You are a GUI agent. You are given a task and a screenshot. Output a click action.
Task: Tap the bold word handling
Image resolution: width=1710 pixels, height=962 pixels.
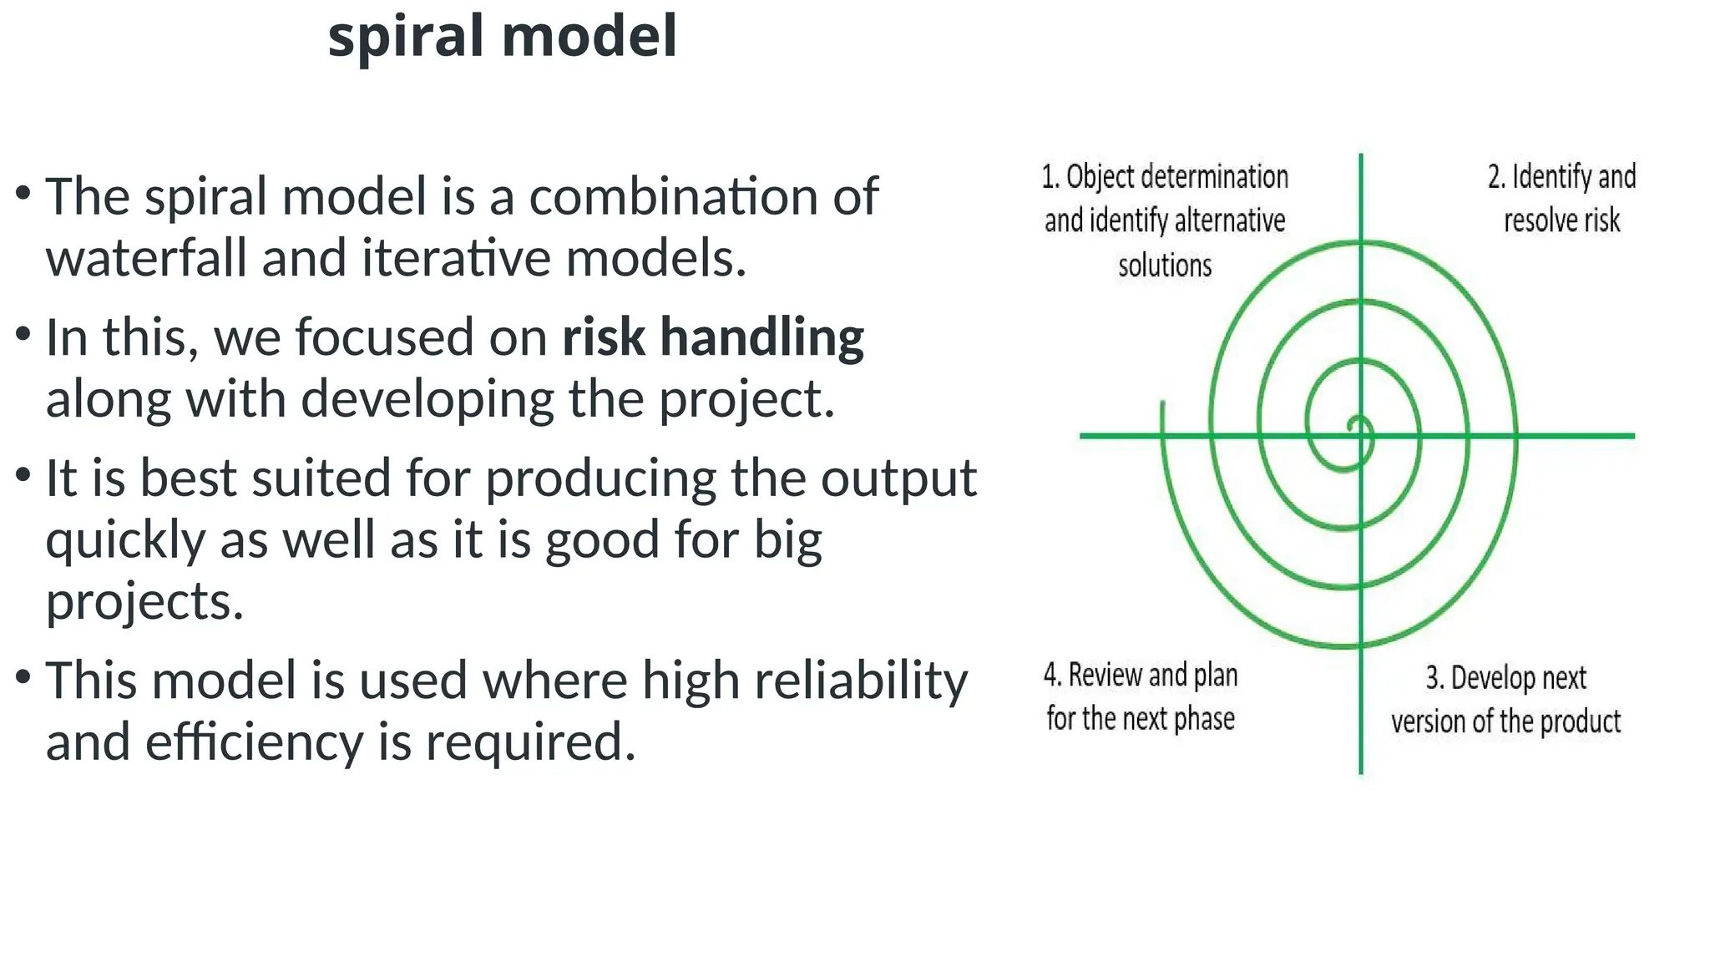[x=761, y=338]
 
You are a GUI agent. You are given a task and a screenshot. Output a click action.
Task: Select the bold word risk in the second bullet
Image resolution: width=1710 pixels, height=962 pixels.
[x=603, y=337]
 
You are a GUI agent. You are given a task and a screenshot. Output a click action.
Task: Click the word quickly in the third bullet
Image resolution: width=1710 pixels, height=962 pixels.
[x=125, y=541]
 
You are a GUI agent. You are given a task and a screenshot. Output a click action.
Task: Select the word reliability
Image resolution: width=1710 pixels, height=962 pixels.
[x=861, y=680]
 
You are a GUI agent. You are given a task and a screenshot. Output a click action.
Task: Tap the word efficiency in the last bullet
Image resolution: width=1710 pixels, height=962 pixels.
[x=253, y=742]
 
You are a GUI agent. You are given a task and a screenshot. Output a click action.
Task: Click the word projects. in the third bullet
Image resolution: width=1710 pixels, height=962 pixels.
[x=144, y=601]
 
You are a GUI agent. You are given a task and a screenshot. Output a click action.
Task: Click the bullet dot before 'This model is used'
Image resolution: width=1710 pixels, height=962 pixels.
[x=23, y=675]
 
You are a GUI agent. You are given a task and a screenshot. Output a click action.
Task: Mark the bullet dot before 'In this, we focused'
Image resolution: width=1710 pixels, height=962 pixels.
[x=23, y=333]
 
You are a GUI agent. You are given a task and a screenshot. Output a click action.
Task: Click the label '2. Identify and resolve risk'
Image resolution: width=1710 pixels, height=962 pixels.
[x=1561, y=199]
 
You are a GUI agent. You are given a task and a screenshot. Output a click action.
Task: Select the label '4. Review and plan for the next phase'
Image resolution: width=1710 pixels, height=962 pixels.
[x=1140, y=696]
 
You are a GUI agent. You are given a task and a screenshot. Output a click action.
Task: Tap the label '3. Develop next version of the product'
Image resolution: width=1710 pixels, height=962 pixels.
[x=1505, y=700]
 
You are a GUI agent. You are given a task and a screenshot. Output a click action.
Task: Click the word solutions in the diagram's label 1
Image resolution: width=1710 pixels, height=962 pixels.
[x=1165, y=266]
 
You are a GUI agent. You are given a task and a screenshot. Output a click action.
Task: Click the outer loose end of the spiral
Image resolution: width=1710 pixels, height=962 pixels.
[x=1163, y=404]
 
